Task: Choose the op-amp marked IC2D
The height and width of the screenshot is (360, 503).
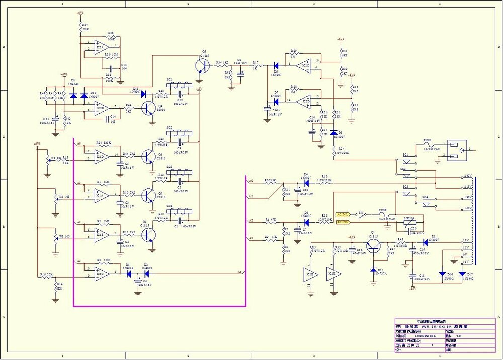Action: point(303,101)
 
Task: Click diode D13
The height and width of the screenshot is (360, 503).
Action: point(143,94)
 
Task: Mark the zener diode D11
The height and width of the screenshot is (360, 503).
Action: point(373,271)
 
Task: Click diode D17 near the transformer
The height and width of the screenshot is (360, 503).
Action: point(462,274)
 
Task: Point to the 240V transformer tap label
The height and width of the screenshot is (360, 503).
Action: point(468,175)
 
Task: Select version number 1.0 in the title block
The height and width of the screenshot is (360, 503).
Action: point(458,336)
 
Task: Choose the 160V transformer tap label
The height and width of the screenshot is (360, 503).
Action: point(468,207)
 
